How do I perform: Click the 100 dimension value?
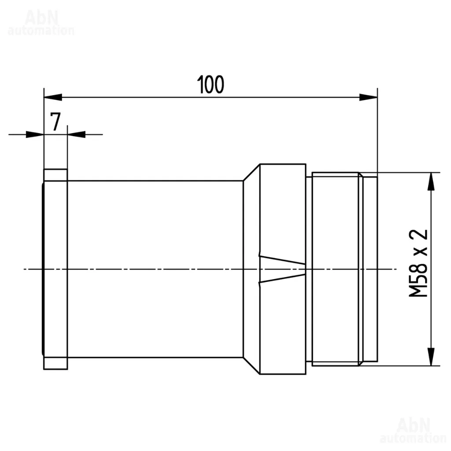point(211,85)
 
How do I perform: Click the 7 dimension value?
point(55,122)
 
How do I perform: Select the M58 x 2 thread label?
point(418,263)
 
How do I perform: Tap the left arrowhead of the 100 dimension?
point(53,97)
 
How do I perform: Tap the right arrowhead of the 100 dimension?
point(369,97)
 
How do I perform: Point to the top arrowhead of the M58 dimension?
point(431,181)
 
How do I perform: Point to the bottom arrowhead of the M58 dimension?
point(431,357)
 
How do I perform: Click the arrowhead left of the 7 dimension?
point(35,134)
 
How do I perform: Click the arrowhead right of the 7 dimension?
point(76,134)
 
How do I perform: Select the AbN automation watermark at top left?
point(41,23)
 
